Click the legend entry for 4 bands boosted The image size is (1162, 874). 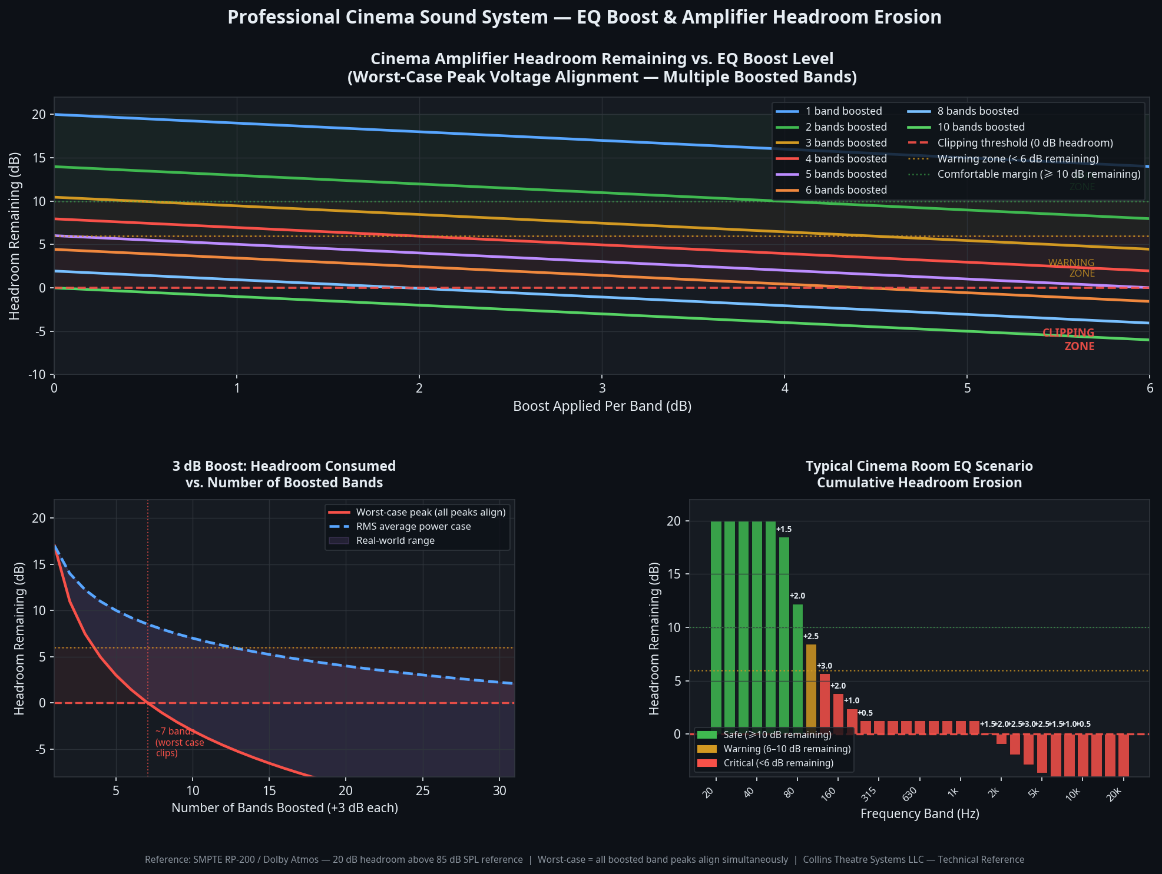point(846,159)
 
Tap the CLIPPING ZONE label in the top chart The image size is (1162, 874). point(1069,340)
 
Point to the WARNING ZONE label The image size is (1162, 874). point(1071,268)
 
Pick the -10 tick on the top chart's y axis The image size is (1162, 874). point(37,375)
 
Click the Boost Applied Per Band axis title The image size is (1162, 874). point(602,406)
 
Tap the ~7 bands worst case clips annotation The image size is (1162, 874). point(179,742)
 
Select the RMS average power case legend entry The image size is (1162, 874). point(413,527)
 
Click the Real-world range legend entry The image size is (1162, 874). point(395,541)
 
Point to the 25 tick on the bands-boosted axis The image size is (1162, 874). point(423,791)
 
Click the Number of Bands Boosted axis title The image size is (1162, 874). point(284,808)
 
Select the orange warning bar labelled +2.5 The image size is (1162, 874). point(811,686)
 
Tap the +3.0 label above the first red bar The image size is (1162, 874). point(825,666)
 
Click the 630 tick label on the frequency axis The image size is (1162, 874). point(910,795)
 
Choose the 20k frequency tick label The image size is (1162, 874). point(1113,795)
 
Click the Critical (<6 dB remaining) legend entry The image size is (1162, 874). point(778,763)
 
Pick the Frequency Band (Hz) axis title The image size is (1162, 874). point(919,814)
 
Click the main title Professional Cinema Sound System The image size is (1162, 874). point(584,17)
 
